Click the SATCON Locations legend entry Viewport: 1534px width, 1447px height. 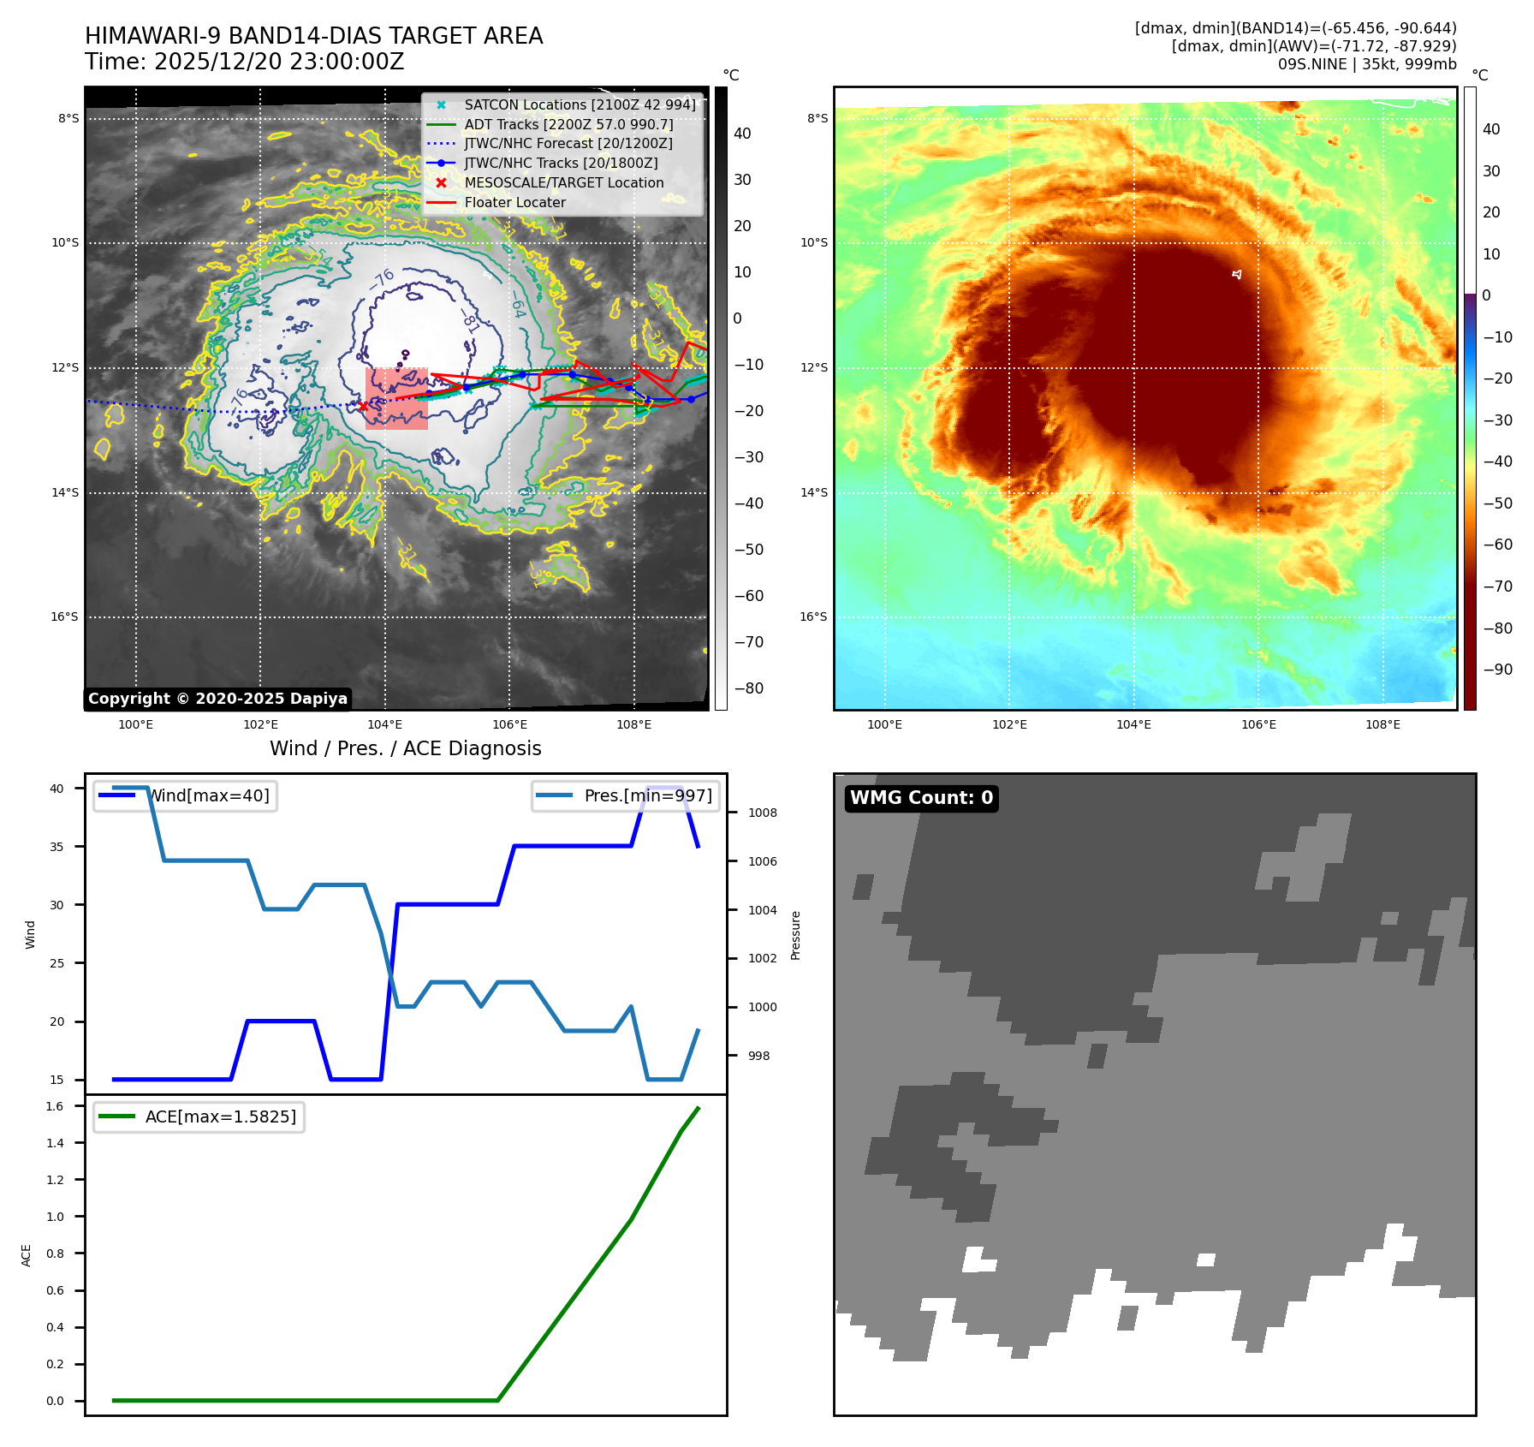coord(580,104)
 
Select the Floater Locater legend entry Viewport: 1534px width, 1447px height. coord(514,203)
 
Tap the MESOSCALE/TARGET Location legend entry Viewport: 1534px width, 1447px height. coord(563,183)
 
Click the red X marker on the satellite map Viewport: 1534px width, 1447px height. coord(363,406)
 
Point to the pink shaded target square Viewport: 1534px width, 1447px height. coord(396,398)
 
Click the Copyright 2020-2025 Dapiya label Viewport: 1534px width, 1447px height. coord(217,699)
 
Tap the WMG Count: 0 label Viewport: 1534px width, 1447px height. coord(921,798)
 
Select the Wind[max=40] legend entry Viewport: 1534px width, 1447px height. coord(209,795)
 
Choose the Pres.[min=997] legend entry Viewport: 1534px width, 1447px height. coord(647,795)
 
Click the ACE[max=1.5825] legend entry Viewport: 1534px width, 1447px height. coord(220,1117)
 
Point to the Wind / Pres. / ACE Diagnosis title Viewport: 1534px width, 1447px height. coord(405,748)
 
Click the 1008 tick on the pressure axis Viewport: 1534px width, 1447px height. coord(762,813)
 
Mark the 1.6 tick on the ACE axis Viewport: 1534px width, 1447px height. coord(55,1106)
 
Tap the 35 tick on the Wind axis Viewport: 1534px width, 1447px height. coord(56,847)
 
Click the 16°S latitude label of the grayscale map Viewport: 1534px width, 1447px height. coord(64,616)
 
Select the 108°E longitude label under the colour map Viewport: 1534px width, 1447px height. coord(1382,724)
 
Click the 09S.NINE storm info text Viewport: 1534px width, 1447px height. coord(1366,64)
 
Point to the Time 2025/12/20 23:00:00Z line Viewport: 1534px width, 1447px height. coord(244,62)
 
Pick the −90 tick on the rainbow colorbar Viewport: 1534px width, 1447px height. coord(1497,670)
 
